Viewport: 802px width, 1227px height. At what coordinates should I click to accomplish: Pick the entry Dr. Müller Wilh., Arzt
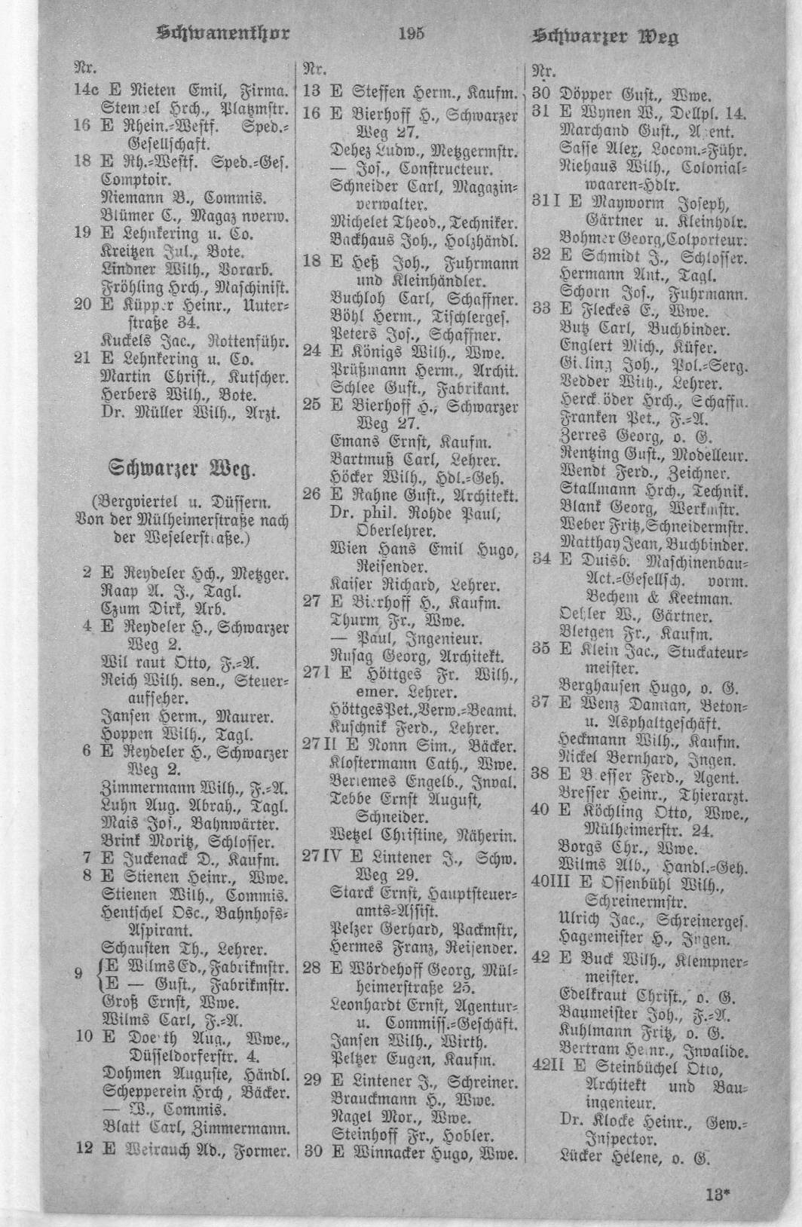[x=191, y=412]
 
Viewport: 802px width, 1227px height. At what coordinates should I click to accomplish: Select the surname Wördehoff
[x=388, y=968]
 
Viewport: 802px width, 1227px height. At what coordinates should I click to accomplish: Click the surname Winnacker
[x=394, y=1153]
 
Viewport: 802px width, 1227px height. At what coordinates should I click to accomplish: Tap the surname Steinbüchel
[x=640, y=1069]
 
